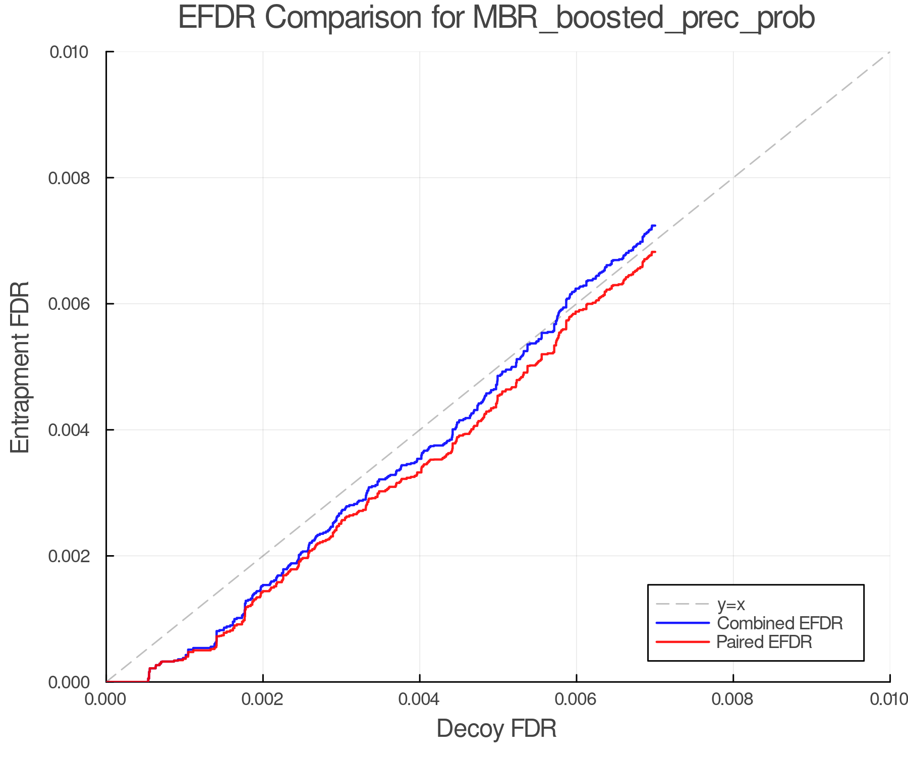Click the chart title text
point(496,18)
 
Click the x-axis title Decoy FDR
point(496,729)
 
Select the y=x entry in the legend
point(731,604)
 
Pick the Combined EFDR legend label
point(779,623)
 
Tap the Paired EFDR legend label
point(764,642)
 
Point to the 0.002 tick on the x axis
point(263,699)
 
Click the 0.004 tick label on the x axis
point(420,699)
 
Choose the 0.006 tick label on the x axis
point(576,699)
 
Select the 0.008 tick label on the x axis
point(733,699)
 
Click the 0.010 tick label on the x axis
point(889,699)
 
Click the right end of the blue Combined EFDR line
point(654,226)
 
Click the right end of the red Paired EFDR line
point(654,252)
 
